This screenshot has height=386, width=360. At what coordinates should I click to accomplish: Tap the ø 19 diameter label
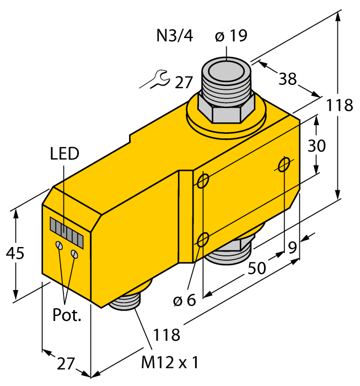coord(230,36)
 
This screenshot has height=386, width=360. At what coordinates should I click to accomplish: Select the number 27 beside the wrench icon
coord(184,83)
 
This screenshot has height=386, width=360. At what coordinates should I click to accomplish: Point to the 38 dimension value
coord(287,79)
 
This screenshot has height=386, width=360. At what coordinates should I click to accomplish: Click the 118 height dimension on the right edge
coord(338,105)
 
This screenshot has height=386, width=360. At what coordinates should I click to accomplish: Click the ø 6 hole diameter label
coord(184,301)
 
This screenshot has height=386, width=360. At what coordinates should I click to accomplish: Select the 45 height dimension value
coord(17,254)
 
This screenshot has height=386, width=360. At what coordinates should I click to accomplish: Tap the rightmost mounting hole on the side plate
coord(284,164)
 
